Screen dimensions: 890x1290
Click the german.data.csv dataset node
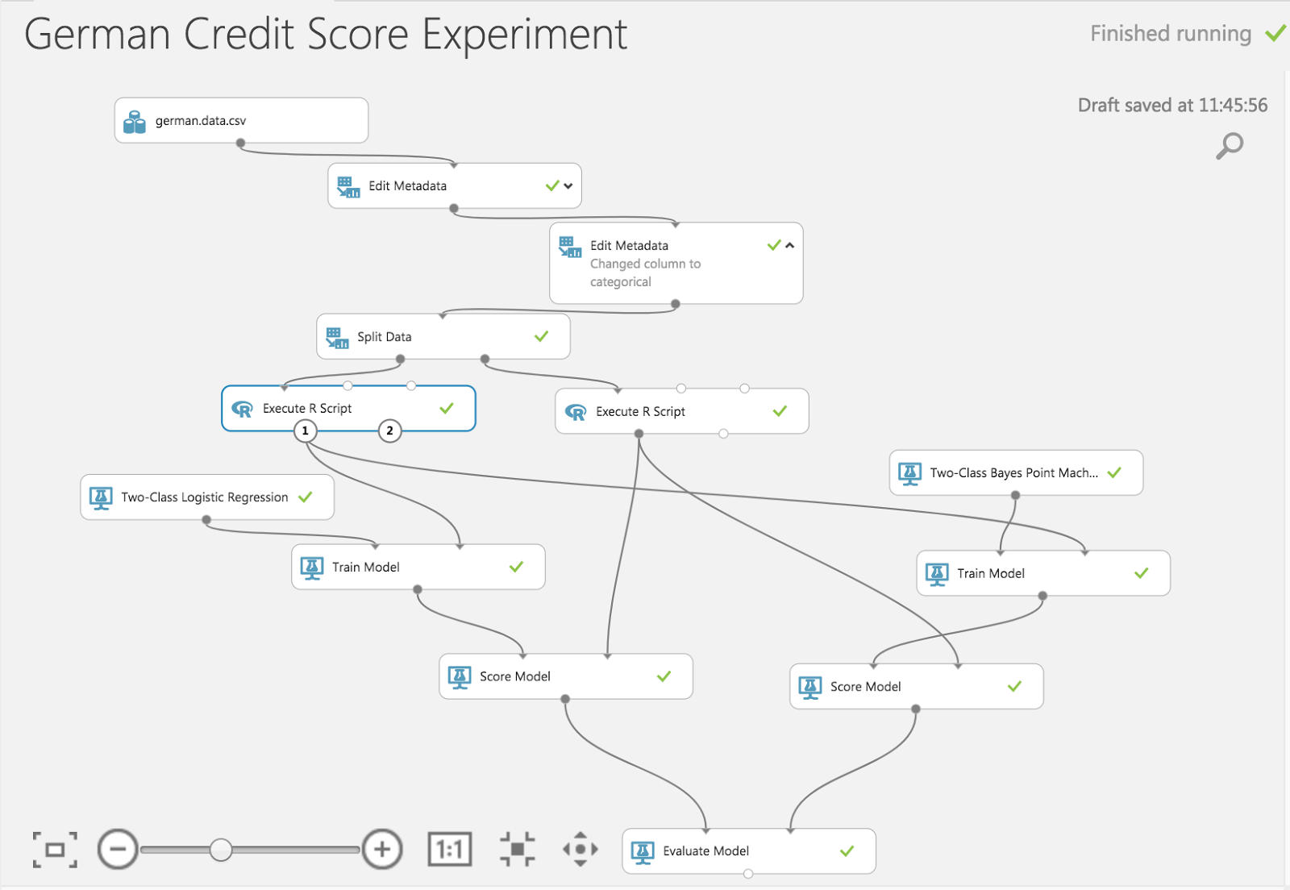[x=240, y=121]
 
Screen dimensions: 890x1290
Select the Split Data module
[x=442, y=337]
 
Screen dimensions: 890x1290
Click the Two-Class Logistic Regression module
[x=206, y=497]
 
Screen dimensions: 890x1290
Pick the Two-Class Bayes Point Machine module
[x=1015, y=473]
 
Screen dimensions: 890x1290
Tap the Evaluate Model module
[x=747, y=851]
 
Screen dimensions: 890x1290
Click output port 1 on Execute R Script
[x=305, y=431]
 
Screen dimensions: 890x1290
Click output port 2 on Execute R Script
[x=389, y=431]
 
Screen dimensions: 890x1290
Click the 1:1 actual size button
[x=449, y=850]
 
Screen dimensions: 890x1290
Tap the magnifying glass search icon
[x=1230, y=146]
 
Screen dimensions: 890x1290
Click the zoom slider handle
[x=221, y=850]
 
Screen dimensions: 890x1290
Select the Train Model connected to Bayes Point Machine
[x=1042, y=574]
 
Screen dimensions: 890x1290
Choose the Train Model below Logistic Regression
[x=418, y=568]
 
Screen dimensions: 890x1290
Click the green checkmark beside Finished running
[x=1275, y=34]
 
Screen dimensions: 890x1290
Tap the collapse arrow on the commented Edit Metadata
[x=790, y=246]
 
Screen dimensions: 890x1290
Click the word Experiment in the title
[x=524, y=35]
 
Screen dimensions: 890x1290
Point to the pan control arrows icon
[x=580, y=850]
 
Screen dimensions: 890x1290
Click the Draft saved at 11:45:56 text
[x=1172, y=106]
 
